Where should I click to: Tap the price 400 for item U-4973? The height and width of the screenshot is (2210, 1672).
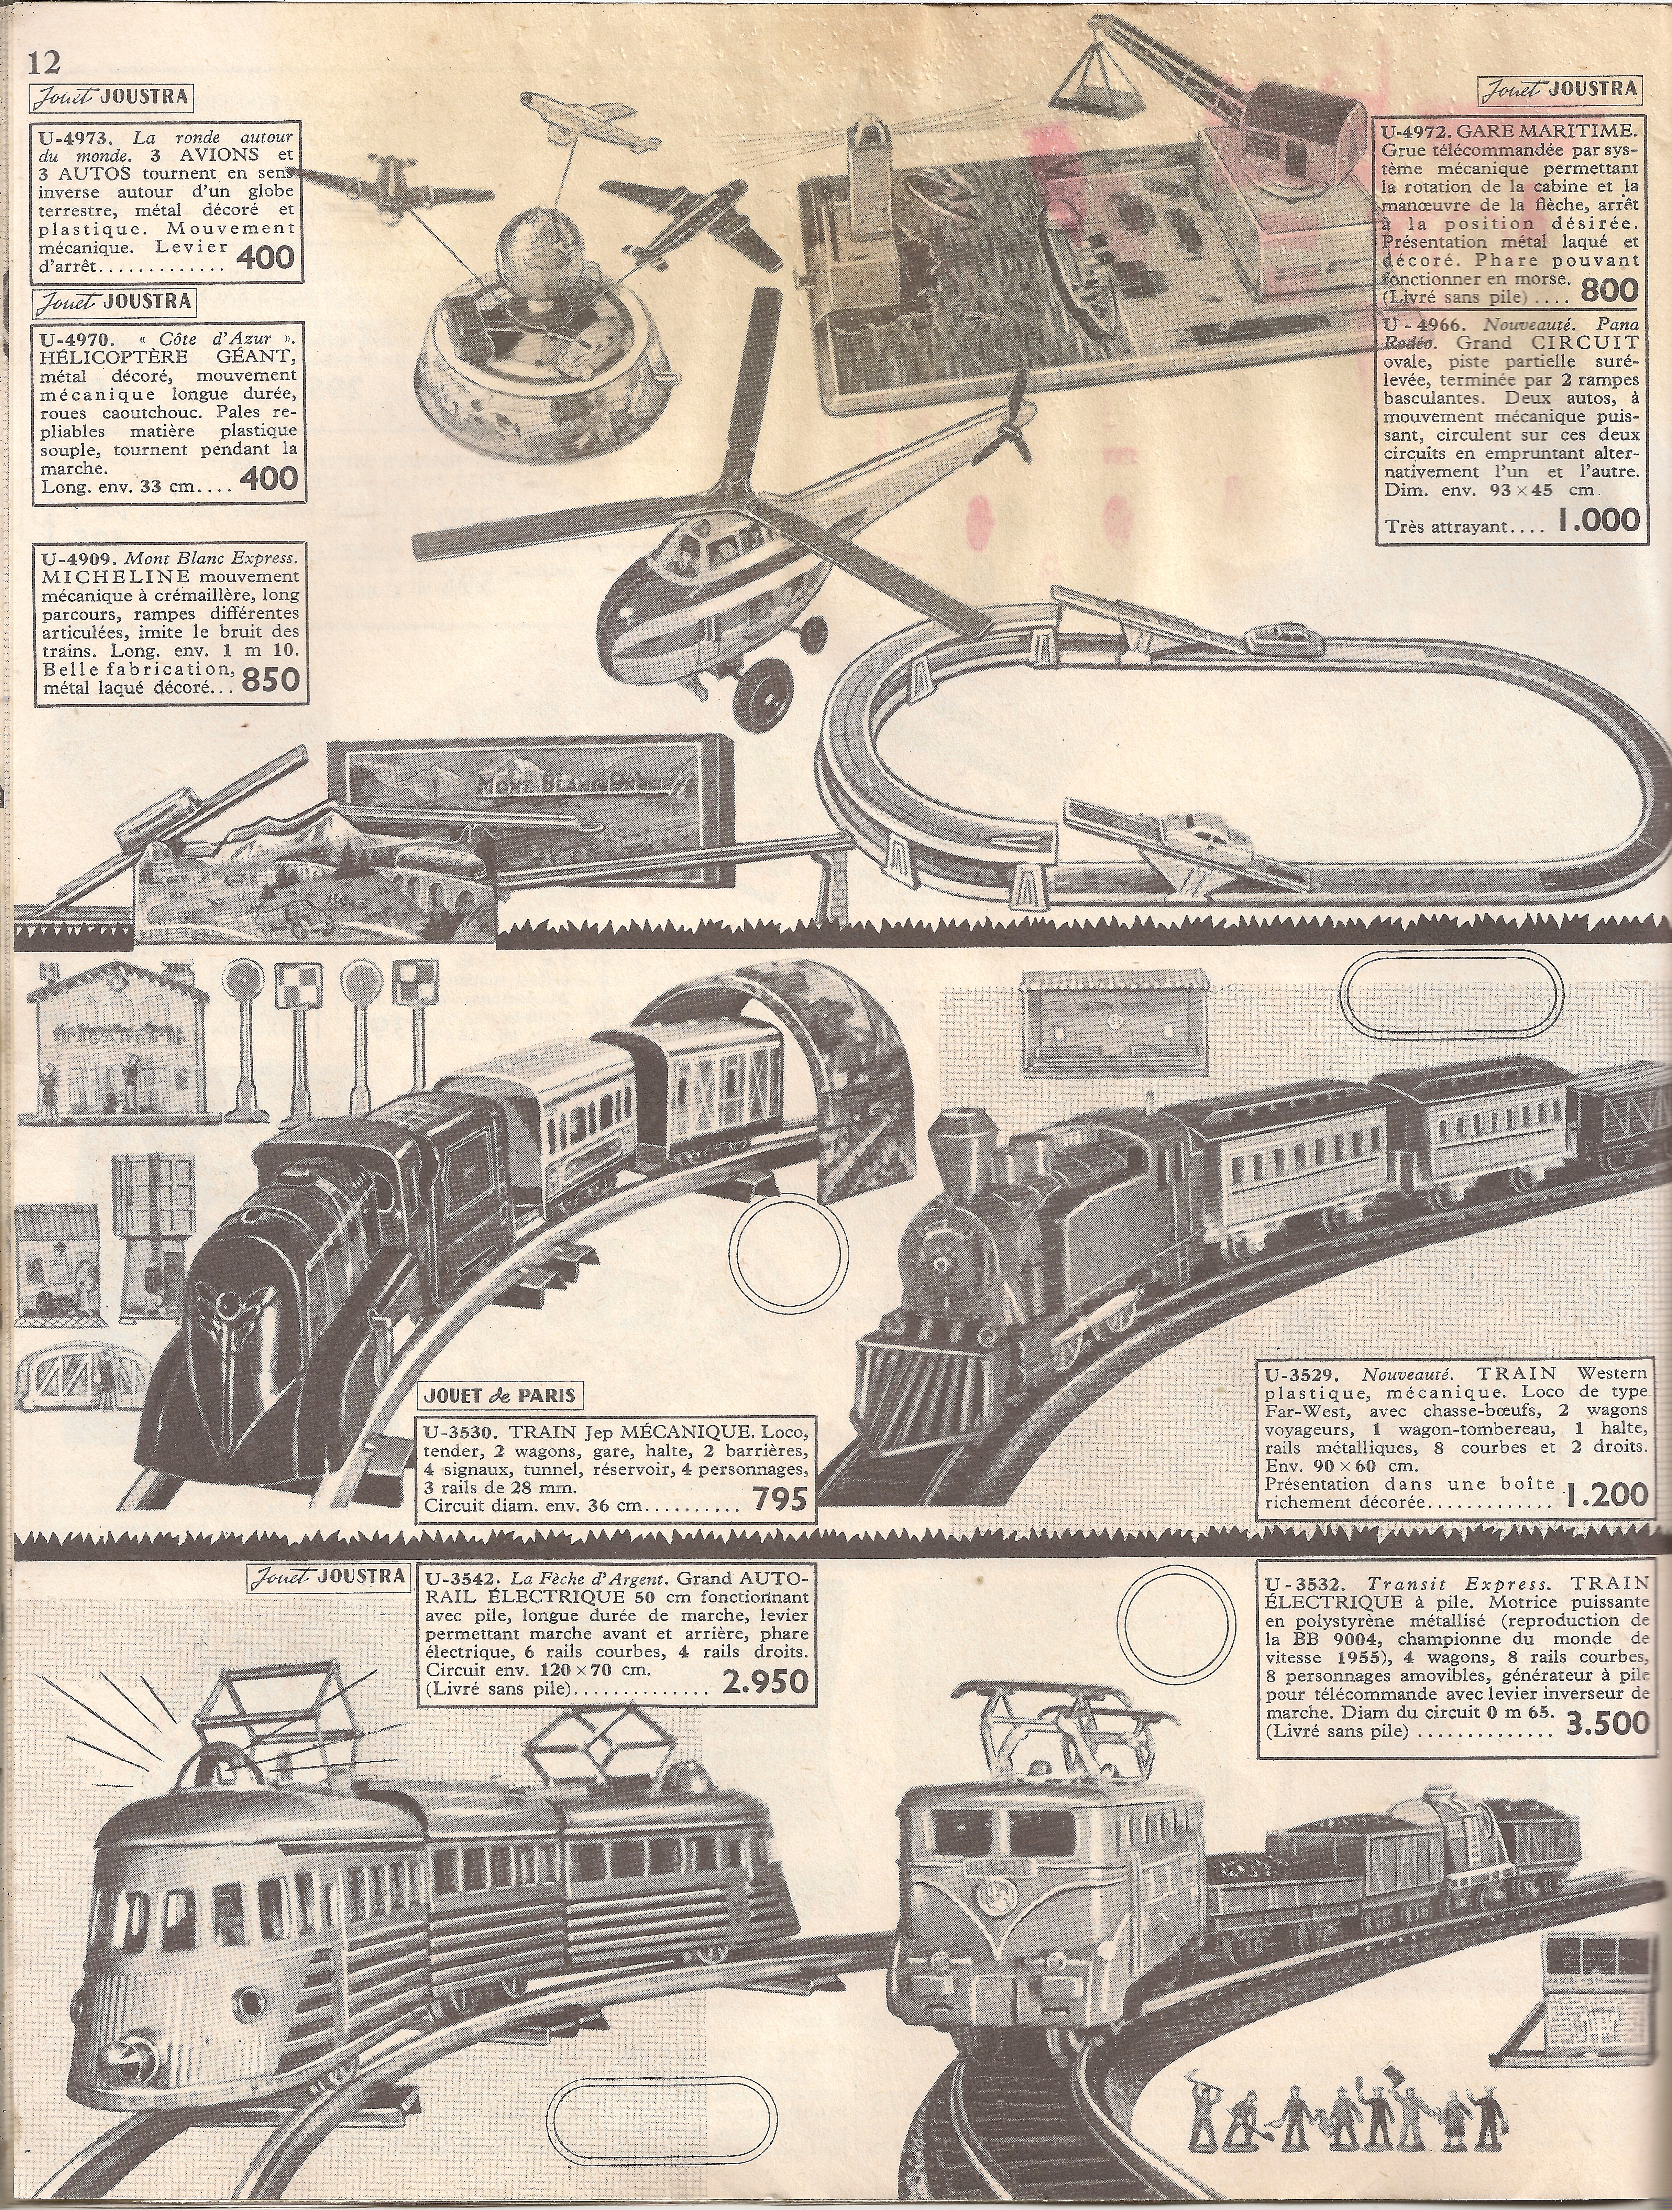coord(267,258)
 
